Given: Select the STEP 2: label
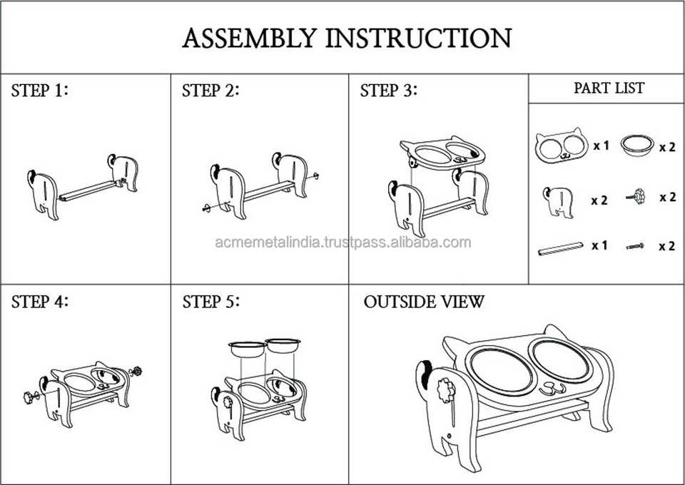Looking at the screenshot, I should (210, 91).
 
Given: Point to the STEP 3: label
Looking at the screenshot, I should (389, 91).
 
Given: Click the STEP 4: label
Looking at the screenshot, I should (41, 301).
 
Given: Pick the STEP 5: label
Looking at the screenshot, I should (211, 301).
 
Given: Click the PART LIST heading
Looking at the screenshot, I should (609, 88).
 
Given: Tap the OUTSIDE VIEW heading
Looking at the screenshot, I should (424, 301).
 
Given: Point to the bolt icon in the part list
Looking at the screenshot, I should (635, 247).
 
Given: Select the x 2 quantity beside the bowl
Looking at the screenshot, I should (666, 147).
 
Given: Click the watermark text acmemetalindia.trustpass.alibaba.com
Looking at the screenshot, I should (342, 242).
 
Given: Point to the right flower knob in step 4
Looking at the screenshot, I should (136, 370).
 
